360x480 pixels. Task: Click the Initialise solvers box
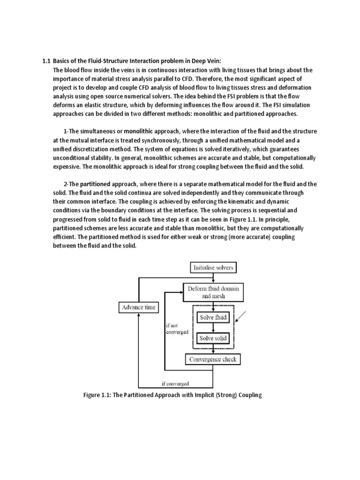pyautogui.click(x=213, y=268)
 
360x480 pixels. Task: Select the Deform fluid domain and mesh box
pyautogui.click(x=213, y=292)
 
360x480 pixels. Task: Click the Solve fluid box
pyautogui.click(x=213, y=317)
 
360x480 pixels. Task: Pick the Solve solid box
pyautogui.click(x=213, y=338)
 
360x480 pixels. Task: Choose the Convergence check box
pyautogui.click(x=213, y=360)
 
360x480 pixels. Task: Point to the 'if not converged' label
pyautogui.click(x=177, y=328)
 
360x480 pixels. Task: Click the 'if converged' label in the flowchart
pyautogui.click(x=175, y=383)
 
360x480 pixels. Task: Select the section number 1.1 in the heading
pyautogui.click(x=46, y=61)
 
